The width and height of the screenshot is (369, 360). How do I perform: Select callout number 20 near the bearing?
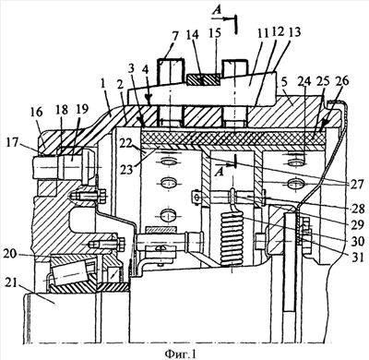pyautogui.click(x=11, y=253)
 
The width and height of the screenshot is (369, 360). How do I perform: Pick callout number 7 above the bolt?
pyautogui.click(x=174, y=37)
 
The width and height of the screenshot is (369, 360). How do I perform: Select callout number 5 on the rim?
pyautogui.click(x=285, y=83)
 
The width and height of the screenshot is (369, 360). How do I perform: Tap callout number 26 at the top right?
pyautogui.click(x=342, y=81)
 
